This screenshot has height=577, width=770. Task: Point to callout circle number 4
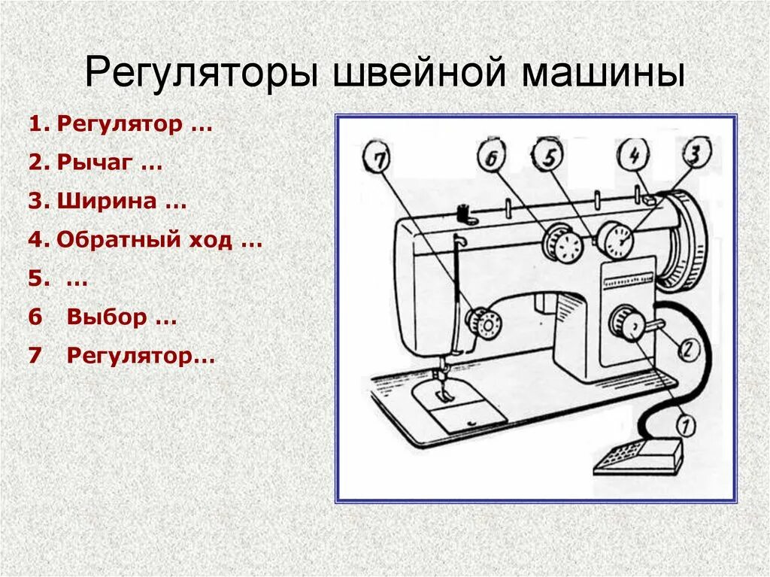pos(634,155)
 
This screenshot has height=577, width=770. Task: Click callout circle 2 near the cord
pos(690,348)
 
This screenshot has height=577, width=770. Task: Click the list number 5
pos(38,279)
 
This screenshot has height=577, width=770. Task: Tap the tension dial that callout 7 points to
pos(484,323)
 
